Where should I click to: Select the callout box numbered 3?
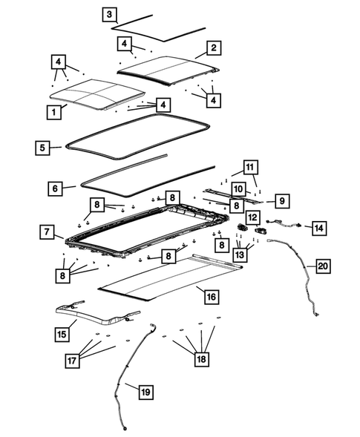(x=109, y=15)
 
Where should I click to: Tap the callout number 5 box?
(x=43, y=148)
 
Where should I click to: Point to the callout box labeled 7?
(x=46, y=233)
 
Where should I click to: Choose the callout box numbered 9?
(x=281, y=200)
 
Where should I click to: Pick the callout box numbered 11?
(x=250, y=167)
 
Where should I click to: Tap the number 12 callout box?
(x=253, y=217)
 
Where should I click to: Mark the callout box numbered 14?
(x=318, y=228)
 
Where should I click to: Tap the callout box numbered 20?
(x=321, y=265)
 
